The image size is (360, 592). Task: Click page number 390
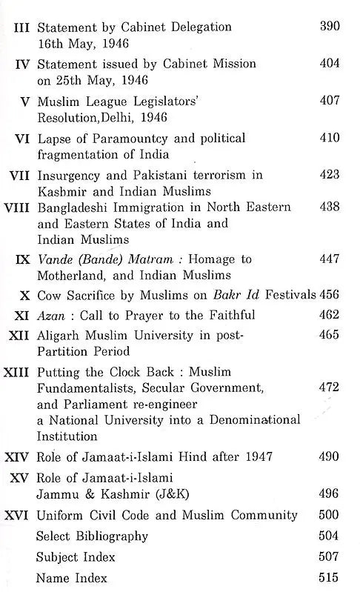pyautogui.click(x=330, y=27)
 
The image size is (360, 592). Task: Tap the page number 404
pyautogui.click(x=330, y=64)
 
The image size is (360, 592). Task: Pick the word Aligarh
pyautogui.click(x=59, y=336)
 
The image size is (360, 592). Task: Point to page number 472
pyautogui.click(x=330, y=387)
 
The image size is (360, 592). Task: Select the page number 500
pyautogui.click(x=330, y=515)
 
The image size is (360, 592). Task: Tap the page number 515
pyautogui.click(x=330, y=578)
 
